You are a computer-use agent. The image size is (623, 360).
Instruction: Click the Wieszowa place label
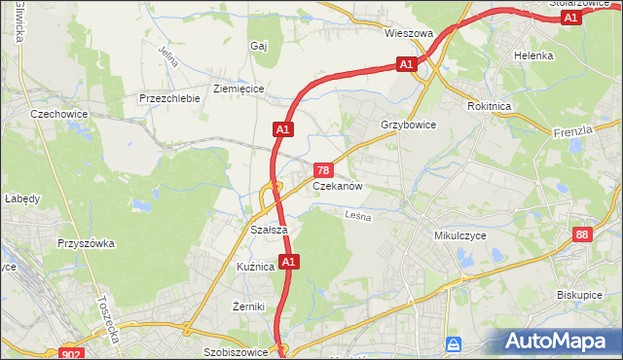pyautogui.click(x=408, y=33)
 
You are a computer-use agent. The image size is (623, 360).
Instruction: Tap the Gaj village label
pyautogui.click(x=259, y=46)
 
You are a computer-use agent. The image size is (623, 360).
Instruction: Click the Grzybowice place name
pyautogui.click(x=409, y=126)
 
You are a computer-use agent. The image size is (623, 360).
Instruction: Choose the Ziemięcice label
pyautogui.click(x=238, y=88)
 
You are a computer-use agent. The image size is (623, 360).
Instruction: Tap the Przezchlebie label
pyautogui.click(x=169, y=98)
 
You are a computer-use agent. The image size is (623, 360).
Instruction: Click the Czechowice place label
pyautogui.click(x=59, y=114)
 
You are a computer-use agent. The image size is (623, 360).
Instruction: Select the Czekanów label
pyautogui.click(x=338, y=185)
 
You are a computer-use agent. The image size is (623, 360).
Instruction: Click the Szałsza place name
pyautogui.click(x=268, y=230)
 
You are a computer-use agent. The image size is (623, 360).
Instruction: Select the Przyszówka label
pyautogui.click(x=87, y=243)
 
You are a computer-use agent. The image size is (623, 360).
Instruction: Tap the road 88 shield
pyautogui.click(x=582, y=234)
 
